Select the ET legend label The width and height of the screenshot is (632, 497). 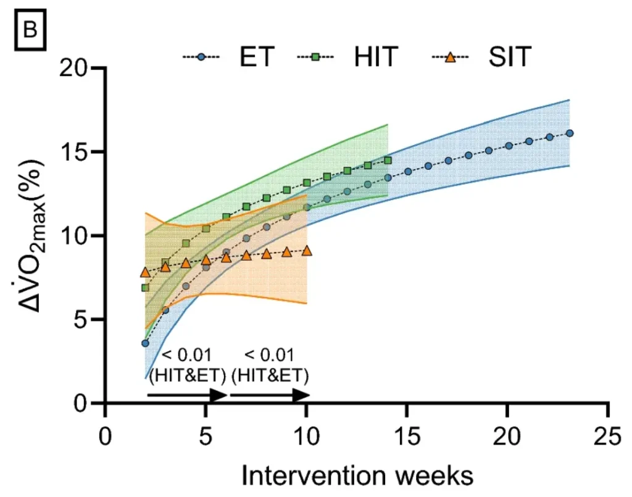(x=256, y=57)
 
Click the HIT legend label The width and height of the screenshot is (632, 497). (x=375, y=57)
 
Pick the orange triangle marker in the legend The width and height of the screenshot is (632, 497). (x=450, y=57)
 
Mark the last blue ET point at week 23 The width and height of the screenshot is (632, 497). (x=570, y=133)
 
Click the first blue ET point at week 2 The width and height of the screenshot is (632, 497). (x=146, y=343)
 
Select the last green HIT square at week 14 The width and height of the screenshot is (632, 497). (x=388, y=161)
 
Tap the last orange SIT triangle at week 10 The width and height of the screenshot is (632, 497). (x=307, y=250)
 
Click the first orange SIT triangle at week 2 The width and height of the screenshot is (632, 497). (x=146, y=272)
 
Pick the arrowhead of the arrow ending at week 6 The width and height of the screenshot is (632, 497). (x=220, y=396)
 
